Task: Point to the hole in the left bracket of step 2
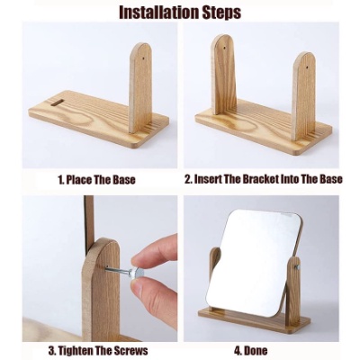point(225,47)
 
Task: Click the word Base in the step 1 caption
point(124,180)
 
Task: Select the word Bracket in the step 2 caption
point(257,179)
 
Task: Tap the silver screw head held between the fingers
point(138,273)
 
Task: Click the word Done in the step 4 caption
point(255,350)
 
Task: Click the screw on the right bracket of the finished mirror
point(298,267)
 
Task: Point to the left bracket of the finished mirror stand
point(215,264)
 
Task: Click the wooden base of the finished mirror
point(254,319)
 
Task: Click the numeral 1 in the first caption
point(60,180)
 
